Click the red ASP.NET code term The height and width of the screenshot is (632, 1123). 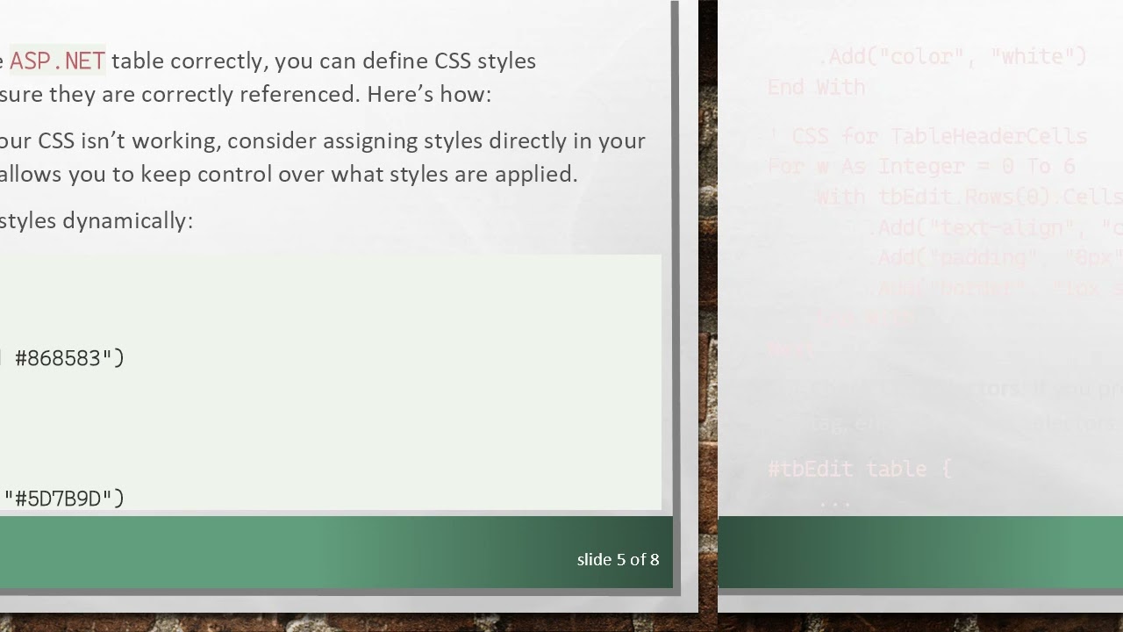[57, 61]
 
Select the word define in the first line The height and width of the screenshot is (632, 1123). [395, 61]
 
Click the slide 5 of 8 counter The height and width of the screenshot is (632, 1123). [618, 559]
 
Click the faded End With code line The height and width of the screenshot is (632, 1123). [816, 88]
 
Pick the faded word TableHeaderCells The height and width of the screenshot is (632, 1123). [988, 136]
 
